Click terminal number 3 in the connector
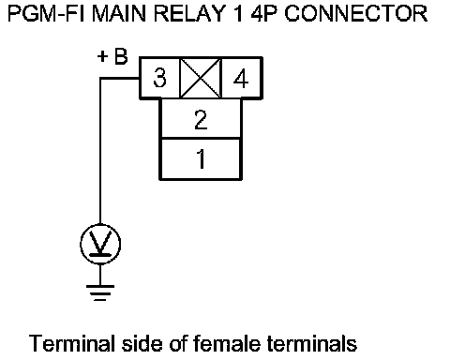click(159, 78)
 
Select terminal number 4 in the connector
click(241, 78)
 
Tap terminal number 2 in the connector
click(201, 118)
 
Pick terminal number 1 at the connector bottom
click(201, 158)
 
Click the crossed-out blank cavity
click(201, 78)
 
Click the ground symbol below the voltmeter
click(100, 292)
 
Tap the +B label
click(112, 56)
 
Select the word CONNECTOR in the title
click(356, 14)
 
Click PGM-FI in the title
click(46, 14)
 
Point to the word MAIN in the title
click(119, 14)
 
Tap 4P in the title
click(263, 14)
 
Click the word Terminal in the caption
click(71, 343)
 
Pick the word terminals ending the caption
click(312, 343)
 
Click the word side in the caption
click(142, 343)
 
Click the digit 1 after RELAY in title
click(238, 14)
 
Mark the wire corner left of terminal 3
click(100, 78)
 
